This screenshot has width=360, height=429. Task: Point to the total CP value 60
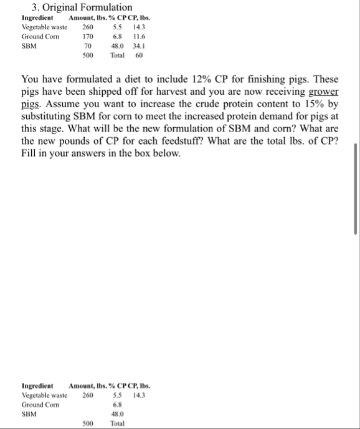tap(139, 55)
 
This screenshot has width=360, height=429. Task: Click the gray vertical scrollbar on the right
tap(356, 187)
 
